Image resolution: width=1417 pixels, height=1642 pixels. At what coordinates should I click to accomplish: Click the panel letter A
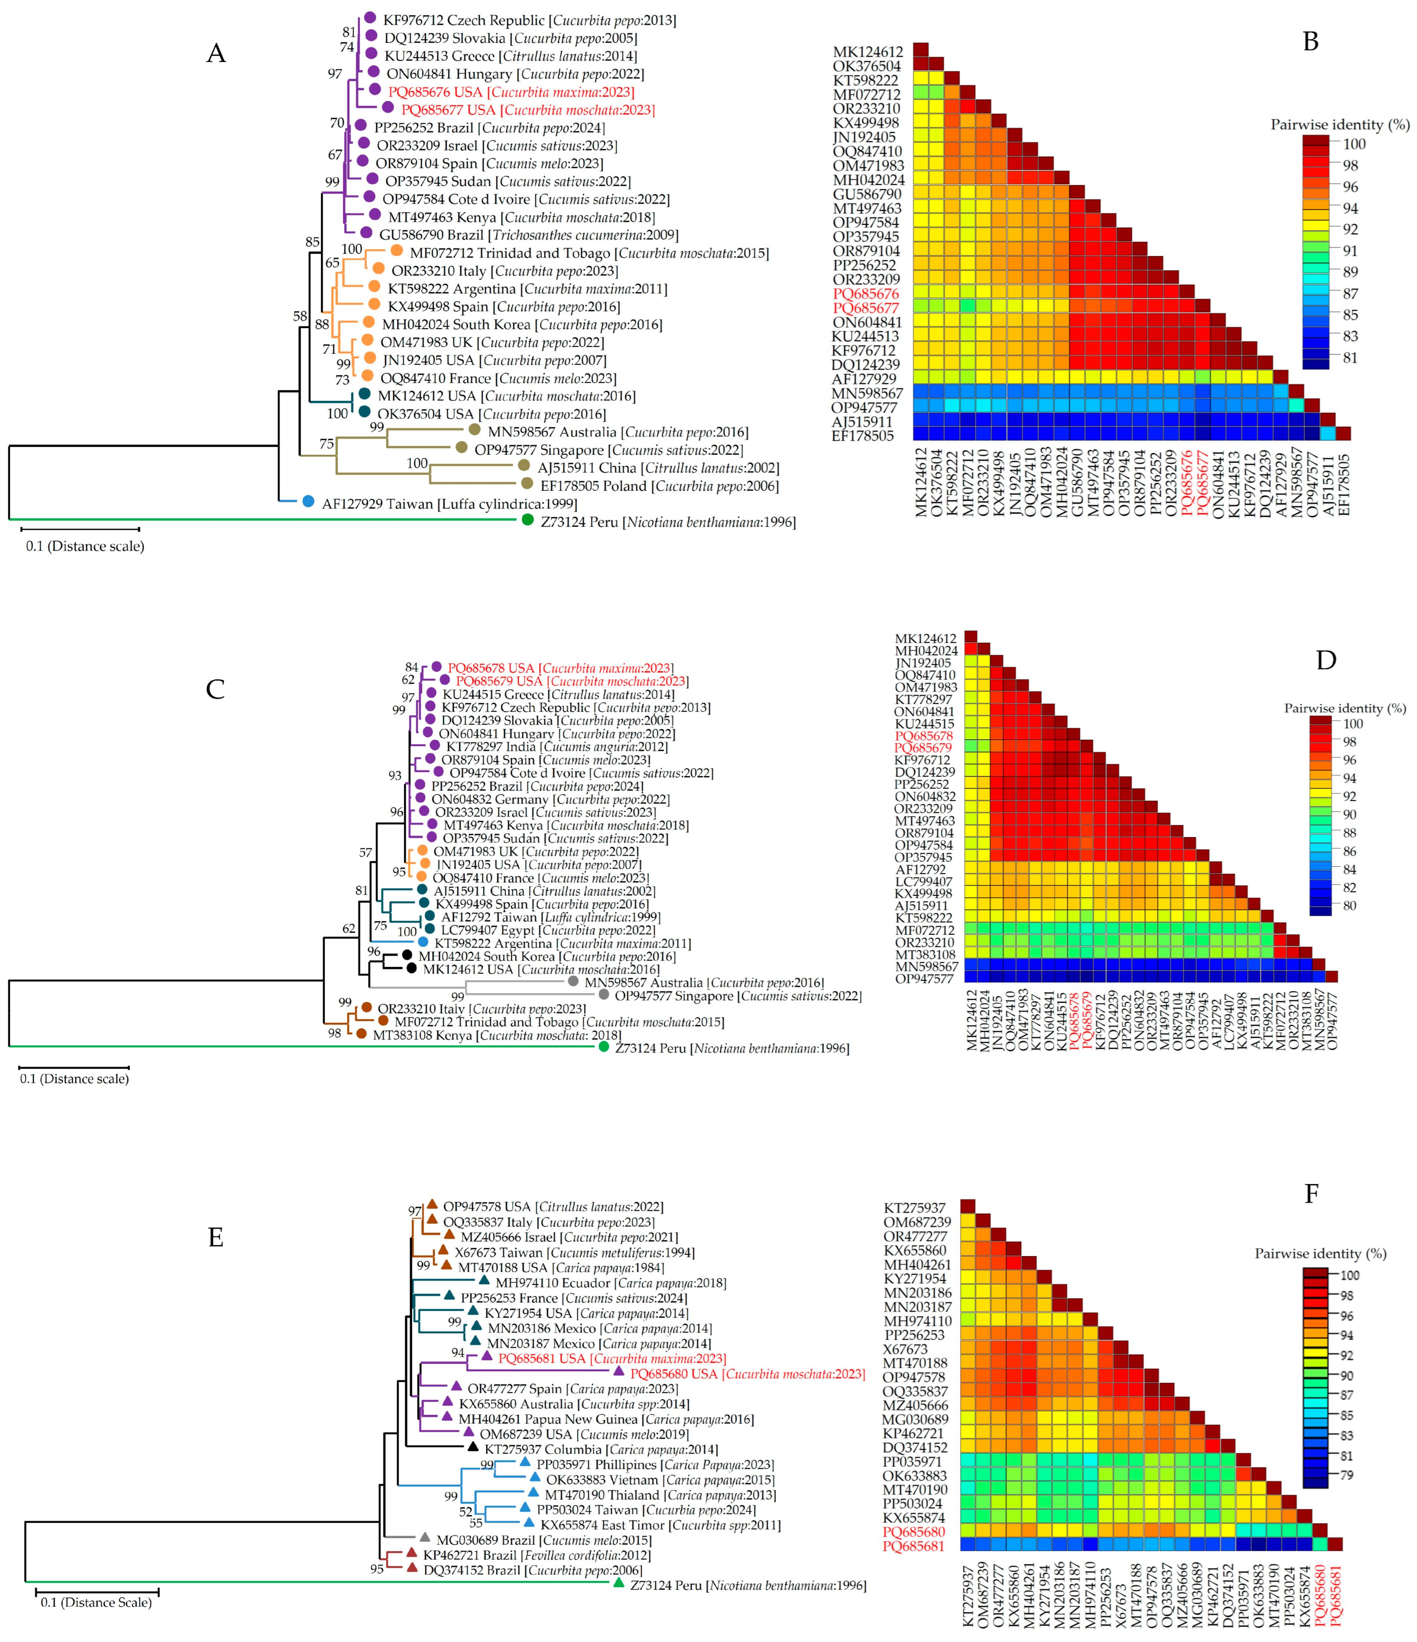(x=216, y=54)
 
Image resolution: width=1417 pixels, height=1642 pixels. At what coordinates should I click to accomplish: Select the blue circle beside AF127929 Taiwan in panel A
(x=308, y=502)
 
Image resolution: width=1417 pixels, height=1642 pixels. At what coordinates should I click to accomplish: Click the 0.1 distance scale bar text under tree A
(x=85, y=546)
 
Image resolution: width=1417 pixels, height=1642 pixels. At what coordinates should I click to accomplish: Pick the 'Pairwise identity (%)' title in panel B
(x=1339, y=125)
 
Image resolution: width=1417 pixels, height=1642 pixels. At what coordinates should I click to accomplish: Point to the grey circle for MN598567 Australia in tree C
(x=573, y=981)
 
